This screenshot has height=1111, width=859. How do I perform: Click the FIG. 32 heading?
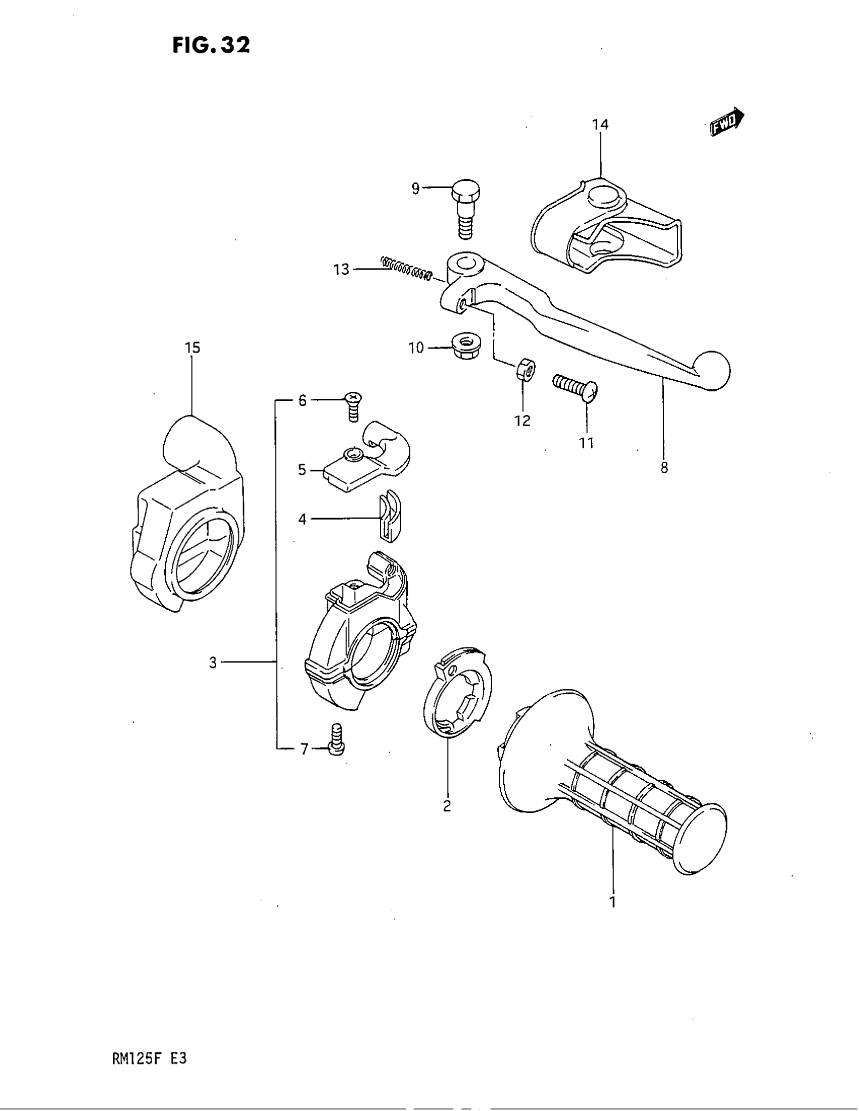[211, 46]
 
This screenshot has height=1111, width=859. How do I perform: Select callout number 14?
[600, 125]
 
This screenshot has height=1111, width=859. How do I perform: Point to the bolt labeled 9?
[464, 210]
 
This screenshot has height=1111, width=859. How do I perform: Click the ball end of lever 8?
[712, 370]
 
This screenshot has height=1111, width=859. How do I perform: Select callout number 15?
[193, 348]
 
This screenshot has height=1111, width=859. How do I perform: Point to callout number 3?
[213, 663]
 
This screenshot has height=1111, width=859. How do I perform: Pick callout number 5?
[302, 470]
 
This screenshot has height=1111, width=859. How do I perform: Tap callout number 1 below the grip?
[613, 902]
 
